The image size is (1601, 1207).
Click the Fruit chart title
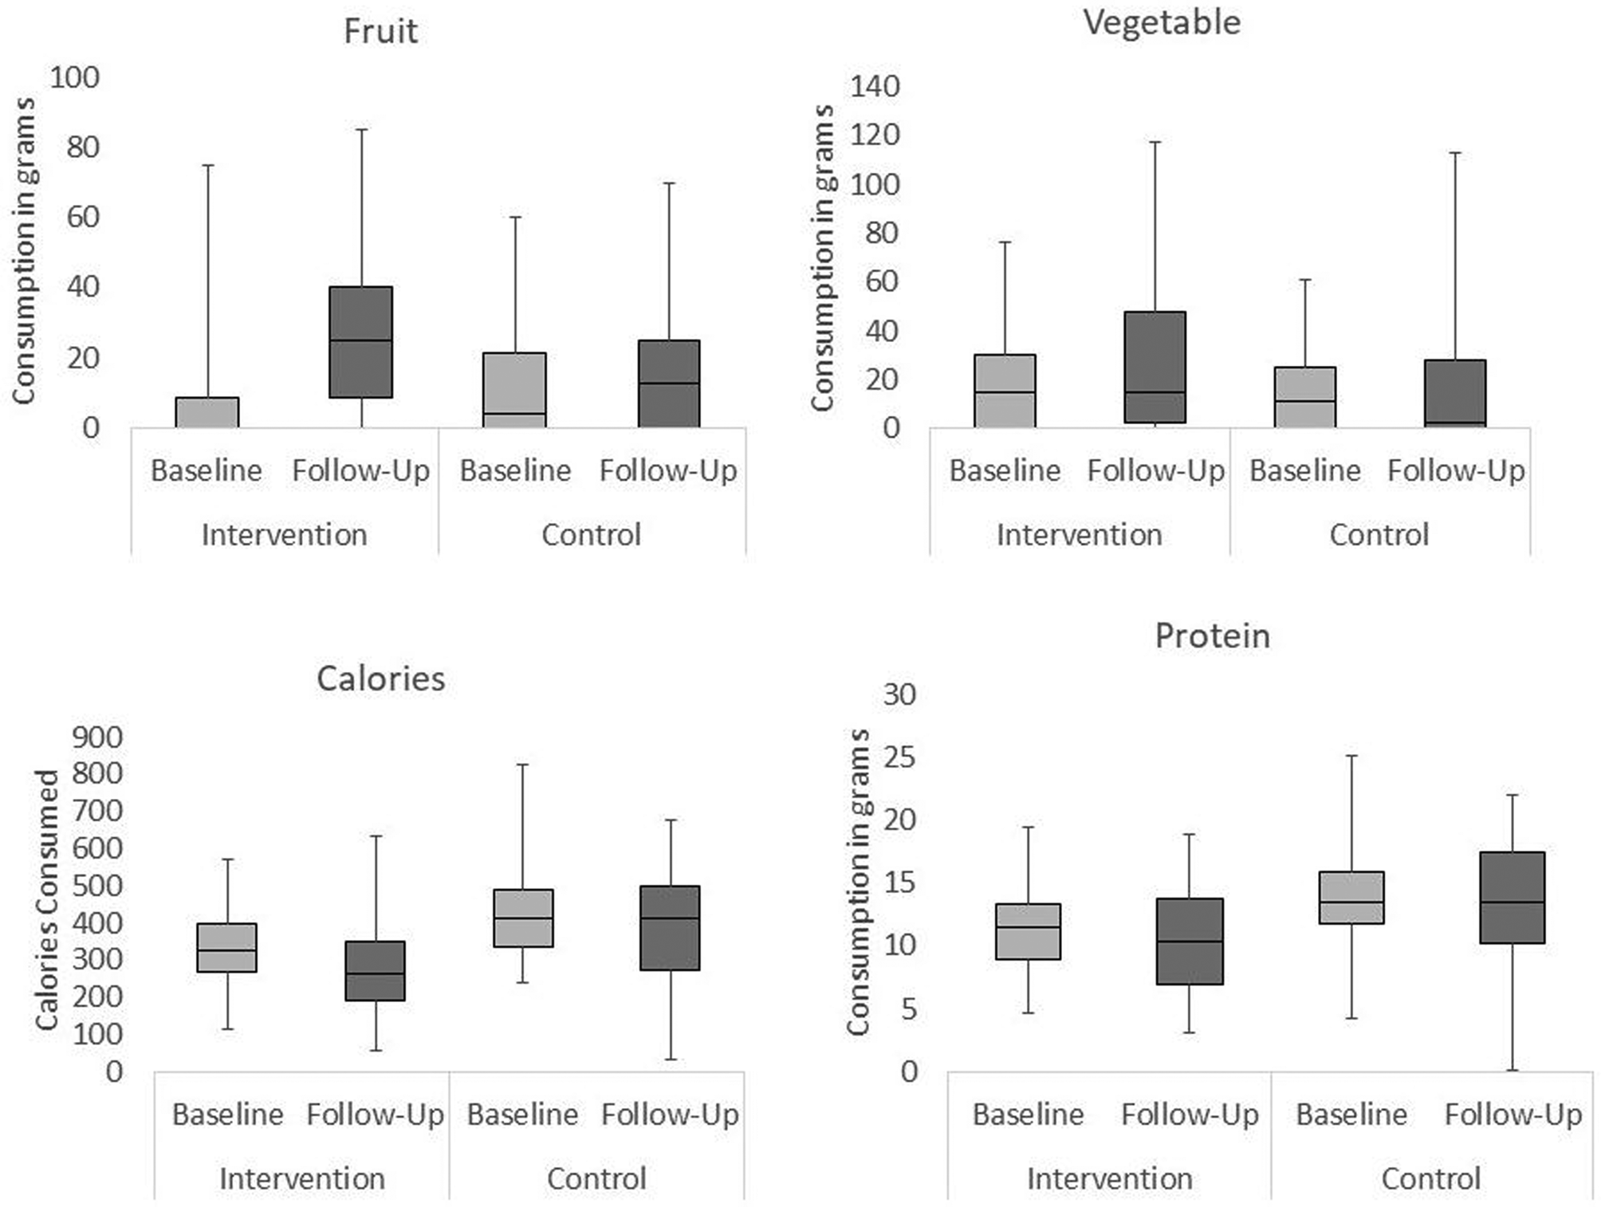click(380, 32)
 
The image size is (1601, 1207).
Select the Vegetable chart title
click(1162, 22)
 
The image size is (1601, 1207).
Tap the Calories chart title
click(380, 679)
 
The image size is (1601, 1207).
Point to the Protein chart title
click(1212, 636)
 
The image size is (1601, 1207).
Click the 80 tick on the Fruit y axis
click(83, 147)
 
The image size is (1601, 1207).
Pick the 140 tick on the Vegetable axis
click(875, 86)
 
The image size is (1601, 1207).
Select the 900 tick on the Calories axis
click(97, 737)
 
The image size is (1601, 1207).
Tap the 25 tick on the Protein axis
click(900, 757)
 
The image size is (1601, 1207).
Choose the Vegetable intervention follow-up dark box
click(1155, 367)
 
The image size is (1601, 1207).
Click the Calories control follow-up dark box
click(670, 927)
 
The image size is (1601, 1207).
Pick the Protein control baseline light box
click(1352, 897)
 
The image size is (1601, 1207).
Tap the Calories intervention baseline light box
click(227, 947)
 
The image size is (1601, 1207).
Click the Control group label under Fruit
click(591, 535)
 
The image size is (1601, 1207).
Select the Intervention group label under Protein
click(1109, 1178)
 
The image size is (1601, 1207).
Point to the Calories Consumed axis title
click(47, 899)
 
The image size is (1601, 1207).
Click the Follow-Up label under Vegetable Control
click(1456, 470)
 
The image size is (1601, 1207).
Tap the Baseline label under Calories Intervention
click(228, 1115)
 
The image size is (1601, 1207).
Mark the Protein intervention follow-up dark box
click(1190, 941)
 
